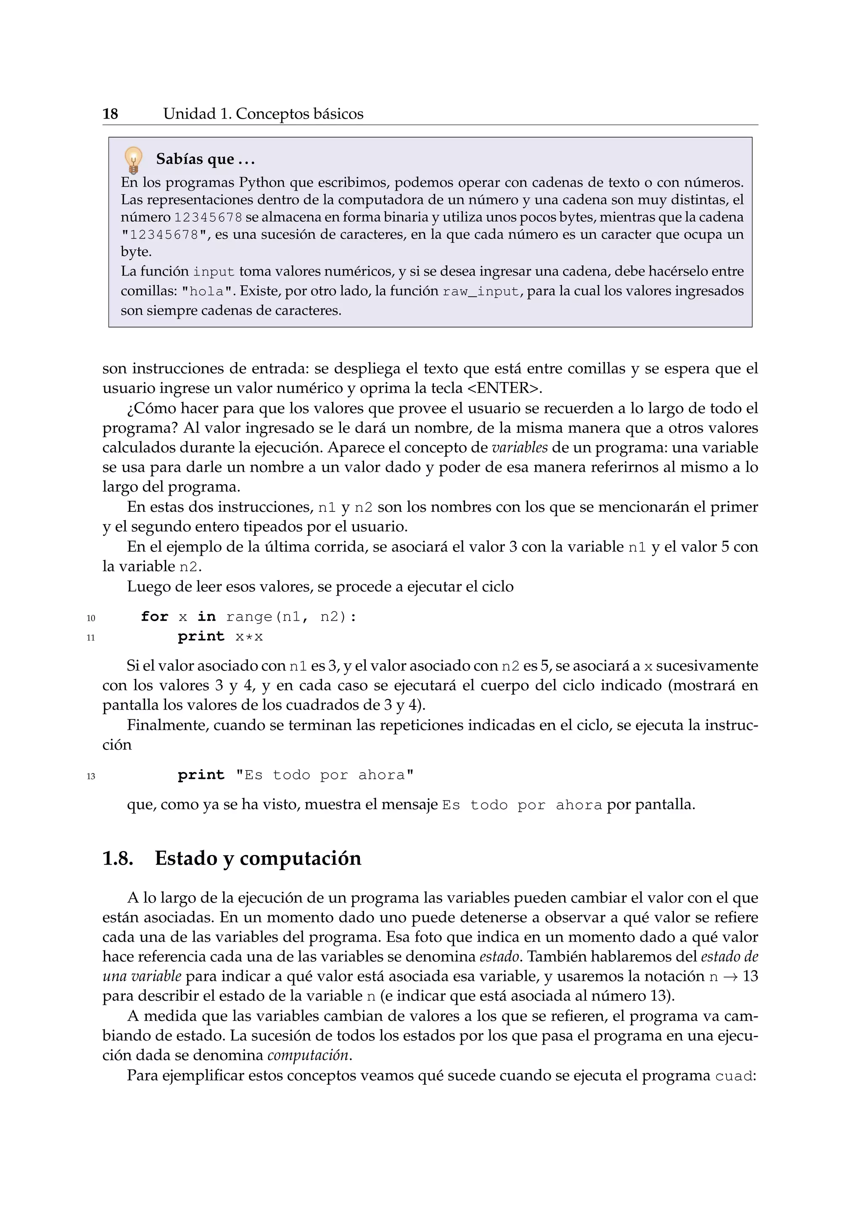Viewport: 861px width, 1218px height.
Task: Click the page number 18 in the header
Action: (110, 114)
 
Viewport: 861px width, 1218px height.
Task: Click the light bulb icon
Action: (134, 160)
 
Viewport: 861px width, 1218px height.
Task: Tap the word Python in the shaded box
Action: (261, 183)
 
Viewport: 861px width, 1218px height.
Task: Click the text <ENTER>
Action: (504, 388)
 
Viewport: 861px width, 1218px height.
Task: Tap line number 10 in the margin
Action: (91, 618)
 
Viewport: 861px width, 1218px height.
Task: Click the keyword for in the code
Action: (154, 617)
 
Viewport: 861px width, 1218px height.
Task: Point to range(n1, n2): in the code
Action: (291, 617)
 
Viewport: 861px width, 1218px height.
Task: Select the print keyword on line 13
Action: (201, 776)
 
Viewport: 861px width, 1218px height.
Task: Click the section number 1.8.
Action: (117, 858)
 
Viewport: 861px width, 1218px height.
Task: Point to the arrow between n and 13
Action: (731, 977)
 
